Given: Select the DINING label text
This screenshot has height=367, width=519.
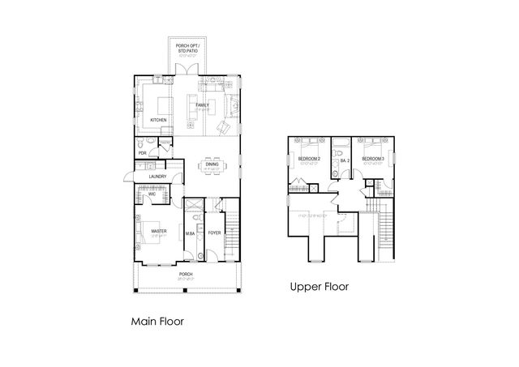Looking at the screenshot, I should (211, 164).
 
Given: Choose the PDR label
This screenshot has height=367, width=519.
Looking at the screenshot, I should (142, 152).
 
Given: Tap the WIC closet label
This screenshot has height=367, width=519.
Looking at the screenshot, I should (151, 194).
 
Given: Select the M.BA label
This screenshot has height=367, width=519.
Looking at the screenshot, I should (190, 233).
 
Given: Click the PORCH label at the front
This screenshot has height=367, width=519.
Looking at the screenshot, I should (186, 274).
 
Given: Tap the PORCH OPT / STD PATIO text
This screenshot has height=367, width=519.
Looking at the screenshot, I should (188, 49).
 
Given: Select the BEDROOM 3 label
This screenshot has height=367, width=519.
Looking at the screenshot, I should (372, 159).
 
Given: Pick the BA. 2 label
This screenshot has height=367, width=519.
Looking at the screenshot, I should (344, 160).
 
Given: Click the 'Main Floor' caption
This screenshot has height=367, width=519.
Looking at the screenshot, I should (157, 322).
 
